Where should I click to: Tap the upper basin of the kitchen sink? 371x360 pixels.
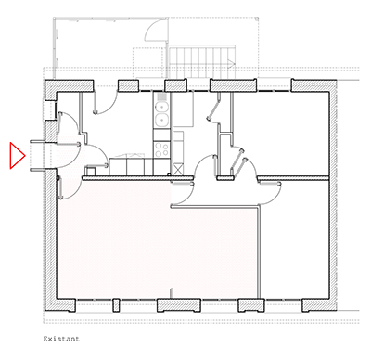pyautogui.click(x=161, y=105)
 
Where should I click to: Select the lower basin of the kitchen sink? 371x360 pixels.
pyautogui.click(x=161, y=119)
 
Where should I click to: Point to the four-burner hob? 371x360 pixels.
pyautogui.click(x=161, y=146)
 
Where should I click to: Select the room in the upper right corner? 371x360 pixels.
pyautogui.click(x=288, y=130)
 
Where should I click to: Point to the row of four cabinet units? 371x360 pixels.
pyautogui.click(x=129, y=167)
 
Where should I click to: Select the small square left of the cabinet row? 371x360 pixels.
pyautogui.click(x=91, y=170)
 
